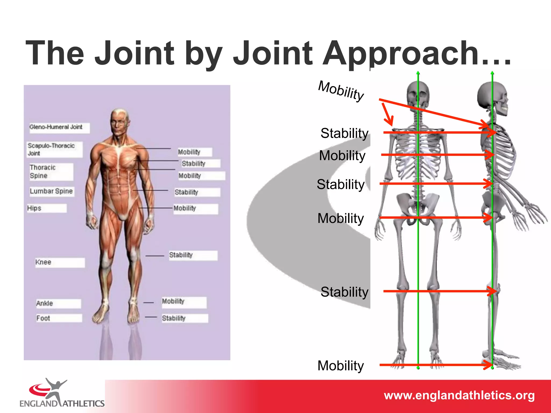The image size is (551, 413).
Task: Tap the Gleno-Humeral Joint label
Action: tap(56, 127)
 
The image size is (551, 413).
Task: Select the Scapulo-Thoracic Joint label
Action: tap(51, 149)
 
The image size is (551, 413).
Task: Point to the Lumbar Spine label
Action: tap(51, 191)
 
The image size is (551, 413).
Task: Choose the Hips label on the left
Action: tap(34, 208)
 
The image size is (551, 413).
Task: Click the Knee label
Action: tap(43, 262)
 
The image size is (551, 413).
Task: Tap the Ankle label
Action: tap(45, 304)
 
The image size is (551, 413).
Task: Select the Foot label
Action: tap(43, 318)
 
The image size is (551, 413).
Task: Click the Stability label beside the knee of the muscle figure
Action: tap(181, 255)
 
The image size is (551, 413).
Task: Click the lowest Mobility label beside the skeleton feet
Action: tap(341, 366)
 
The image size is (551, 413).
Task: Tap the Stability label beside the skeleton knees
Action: tap(344, 292)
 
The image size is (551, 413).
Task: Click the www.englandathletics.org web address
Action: tap(459, 396)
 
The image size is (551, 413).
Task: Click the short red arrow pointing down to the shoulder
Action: tap(387, 114)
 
